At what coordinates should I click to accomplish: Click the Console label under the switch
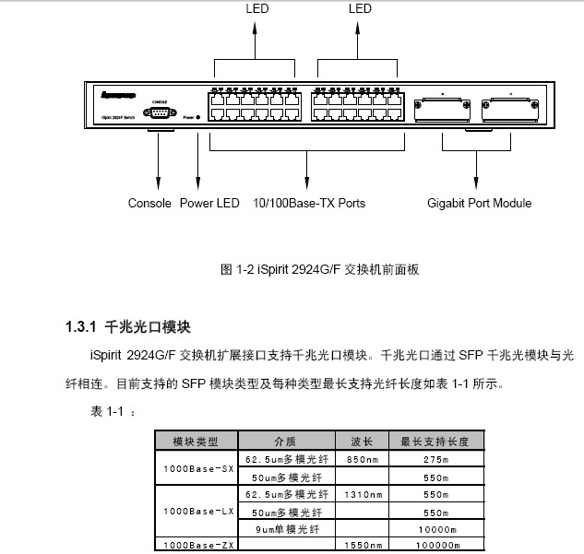point(149,203)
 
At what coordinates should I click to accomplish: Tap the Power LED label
point(209,203)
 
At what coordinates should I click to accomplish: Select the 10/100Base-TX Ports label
point(304,203)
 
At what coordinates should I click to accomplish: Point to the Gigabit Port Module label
point(479,203)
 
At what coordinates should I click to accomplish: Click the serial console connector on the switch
point(159,113)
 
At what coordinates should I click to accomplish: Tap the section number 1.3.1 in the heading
point(81,327)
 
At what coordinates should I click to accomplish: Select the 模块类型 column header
point(196,442)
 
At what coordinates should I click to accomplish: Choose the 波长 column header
point(362,442)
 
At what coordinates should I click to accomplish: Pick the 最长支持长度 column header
point(435,442)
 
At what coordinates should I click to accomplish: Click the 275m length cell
point(435,457)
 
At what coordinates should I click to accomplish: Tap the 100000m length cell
point(435,546)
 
